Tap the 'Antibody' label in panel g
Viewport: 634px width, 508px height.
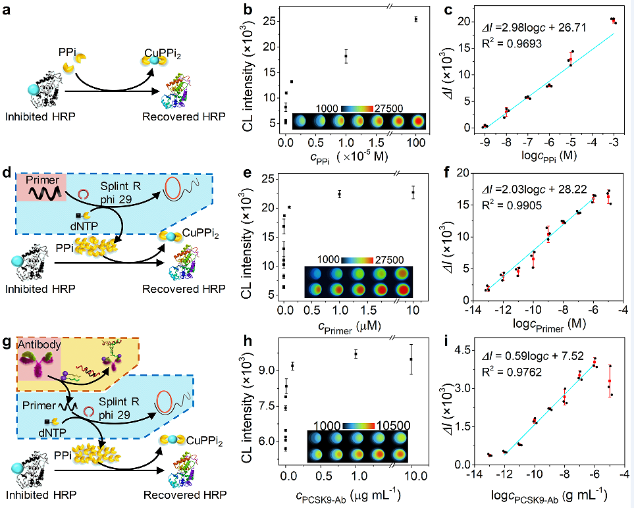click(39, 344)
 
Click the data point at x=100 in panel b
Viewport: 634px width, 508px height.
click(416, 19)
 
